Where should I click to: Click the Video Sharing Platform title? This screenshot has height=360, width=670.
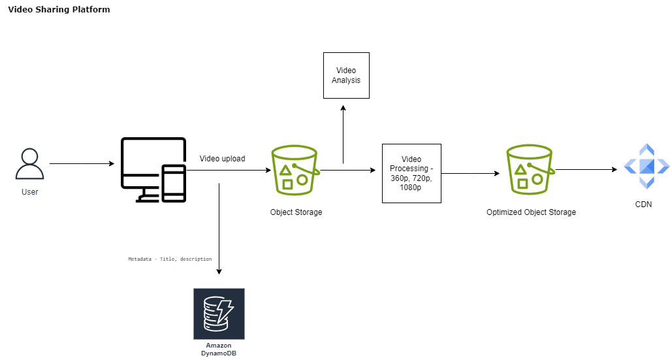(59, 10)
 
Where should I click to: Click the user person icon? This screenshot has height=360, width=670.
(29, 164)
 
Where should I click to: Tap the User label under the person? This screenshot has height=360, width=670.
(29, 192)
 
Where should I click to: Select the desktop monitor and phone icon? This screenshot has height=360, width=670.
(153, 170)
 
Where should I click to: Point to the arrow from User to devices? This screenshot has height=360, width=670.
(82, 163)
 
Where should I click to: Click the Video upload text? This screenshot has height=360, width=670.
(222, 158)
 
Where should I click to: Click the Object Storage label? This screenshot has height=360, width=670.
(296, 212)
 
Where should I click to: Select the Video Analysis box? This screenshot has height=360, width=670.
(346, 75)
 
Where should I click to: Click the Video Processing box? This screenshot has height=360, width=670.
(411, 173)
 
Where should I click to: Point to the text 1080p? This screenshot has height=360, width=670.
(411, 188)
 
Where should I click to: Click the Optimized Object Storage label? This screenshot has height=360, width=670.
(531, 212)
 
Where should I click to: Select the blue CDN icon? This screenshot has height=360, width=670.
(646, 166)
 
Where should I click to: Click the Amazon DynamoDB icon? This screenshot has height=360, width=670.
(219, 314)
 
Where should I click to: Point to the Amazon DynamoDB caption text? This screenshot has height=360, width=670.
(219, 349)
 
